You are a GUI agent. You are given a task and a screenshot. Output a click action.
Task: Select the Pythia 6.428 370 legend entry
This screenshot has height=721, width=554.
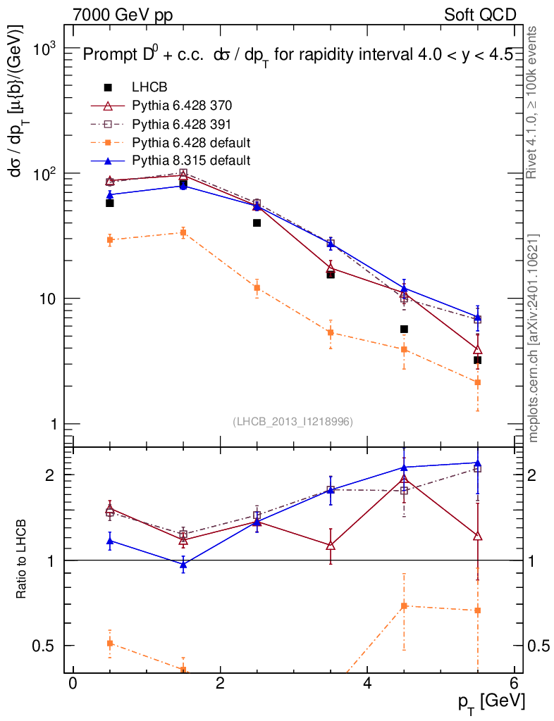click(x=182, y=106)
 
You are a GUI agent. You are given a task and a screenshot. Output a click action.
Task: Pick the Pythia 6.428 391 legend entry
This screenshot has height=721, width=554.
click(x=182, y=124)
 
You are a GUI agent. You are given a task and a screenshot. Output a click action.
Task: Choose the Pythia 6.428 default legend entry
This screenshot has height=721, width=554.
click(x=190, y=142)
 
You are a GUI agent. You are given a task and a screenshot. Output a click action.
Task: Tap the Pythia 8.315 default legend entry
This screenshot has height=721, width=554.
click(x=190, y=161)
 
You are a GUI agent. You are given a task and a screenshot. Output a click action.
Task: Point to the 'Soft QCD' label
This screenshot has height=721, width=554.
click(x=481, y=15)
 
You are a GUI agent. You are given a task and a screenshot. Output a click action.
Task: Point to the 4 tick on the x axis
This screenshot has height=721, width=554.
click(x=367, y=684)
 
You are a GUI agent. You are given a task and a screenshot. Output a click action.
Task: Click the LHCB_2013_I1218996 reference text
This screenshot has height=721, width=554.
click(x=293, y=421)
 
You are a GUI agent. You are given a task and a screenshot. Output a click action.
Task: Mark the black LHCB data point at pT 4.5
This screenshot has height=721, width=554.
click(x=404, y=329)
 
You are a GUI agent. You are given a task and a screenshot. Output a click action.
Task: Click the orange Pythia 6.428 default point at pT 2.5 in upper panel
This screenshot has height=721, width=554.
click(x=257, y=288)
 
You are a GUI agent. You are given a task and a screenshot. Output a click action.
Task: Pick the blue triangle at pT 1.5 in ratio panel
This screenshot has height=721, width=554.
click(x=183, y=565)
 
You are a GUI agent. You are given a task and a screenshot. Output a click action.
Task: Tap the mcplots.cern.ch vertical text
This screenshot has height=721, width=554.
click(x=534, y=338)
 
